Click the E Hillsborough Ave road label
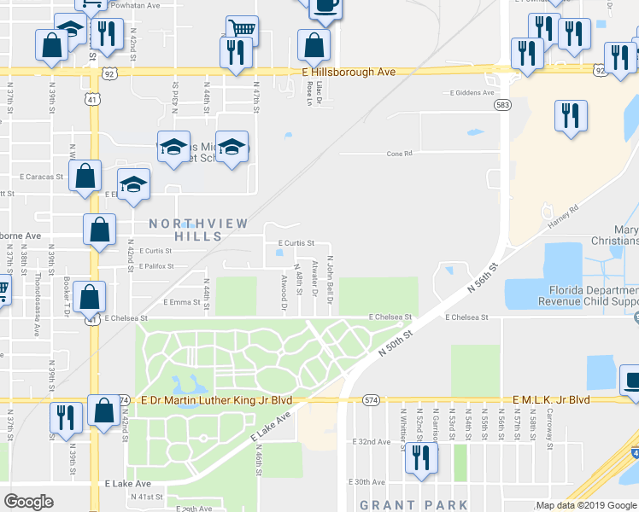click(349, 73)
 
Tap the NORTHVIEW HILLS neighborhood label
click(198, 230)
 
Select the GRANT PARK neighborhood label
click(413, 505)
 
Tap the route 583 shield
click(501, 104)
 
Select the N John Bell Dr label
click(330, 277)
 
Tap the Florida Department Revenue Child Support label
click(588, 295)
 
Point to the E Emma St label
click(180, 302)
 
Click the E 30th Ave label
click(368, 482)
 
